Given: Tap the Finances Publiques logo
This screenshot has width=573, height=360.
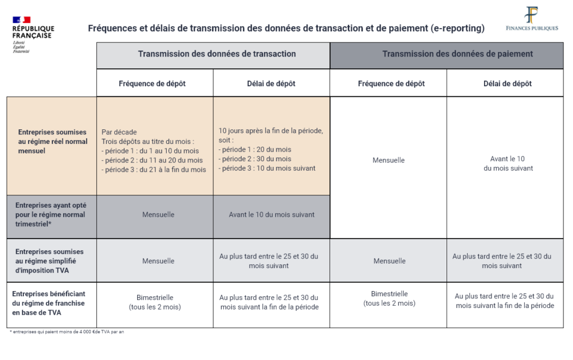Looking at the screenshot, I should click(532, 20).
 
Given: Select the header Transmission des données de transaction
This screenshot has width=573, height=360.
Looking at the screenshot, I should click(217, 54).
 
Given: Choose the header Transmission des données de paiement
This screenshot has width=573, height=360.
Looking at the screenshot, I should click(457, 54).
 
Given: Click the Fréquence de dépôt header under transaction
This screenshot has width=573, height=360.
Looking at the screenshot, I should click(152, 83).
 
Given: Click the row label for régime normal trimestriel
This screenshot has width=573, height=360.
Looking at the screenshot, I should click(51, 214).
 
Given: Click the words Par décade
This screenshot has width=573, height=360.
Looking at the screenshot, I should click(119, 132).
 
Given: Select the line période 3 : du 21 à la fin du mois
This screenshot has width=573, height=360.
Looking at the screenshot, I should click(154, 169).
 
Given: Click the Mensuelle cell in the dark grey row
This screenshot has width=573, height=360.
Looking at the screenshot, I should click(158, 214).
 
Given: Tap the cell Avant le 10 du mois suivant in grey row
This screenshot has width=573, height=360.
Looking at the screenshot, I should click(271, 214).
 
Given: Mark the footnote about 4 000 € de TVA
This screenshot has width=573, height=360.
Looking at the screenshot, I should click(67, 332).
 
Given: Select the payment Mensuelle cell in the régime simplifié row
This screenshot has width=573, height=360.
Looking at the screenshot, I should click(389, 261).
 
